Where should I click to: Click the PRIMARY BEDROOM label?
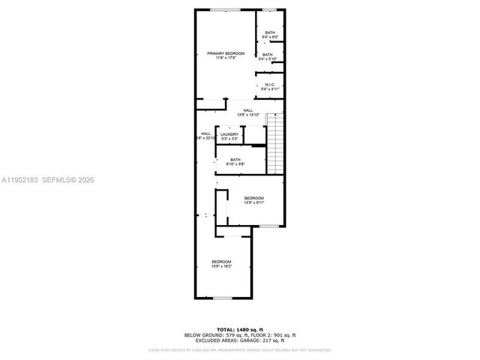coord(226,53)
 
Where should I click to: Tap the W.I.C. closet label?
coord(270,85)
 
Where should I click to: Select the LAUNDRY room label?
coord(229,134)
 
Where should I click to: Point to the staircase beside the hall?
coord(276,142)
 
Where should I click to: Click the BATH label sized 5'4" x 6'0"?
coord(269,32)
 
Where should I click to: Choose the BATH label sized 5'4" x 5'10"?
coord(268,55)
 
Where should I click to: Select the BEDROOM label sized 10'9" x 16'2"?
coord(221,262)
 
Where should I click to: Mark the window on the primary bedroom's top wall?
coord(225,10)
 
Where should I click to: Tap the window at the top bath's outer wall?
coord(268,10)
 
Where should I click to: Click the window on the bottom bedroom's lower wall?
coord(222,298)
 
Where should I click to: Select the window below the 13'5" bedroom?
coord(268,226)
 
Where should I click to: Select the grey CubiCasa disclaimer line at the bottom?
coord(239,349)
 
